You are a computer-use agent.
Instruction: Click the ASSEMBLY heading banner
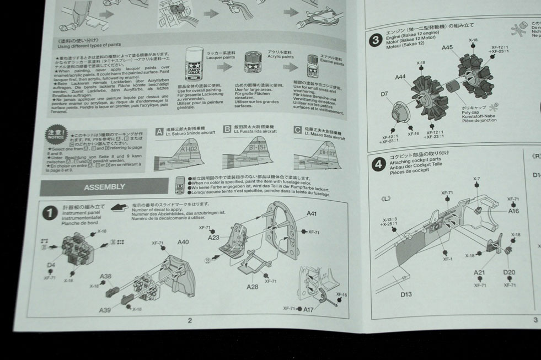point(105,186)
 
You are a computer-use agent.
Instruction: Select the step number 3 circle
point(376,40)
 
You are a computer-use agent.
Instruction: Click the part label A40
point(183,242)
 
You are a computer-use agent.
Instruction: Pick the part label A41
point(312,214)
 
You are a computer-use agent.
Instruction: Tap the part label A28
point(252,286)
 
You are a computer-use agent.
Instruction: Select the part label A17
point(308,309)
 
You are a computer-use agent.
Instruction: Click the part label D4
point(51,265)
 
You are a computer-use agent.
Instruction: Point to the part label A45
point(447,48)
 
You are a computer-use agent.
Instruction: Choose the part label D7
point(384,94)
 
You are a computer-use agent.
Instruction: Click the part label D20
point(508,272)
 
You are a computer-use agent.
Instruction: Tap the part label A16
point(513,211)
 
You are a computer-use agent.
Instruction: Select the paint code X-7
point(476,179)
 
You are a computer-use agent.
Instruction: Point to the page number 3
point(534,319)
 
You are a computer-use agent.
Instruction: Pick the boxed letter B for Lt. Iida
point(227,130)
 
